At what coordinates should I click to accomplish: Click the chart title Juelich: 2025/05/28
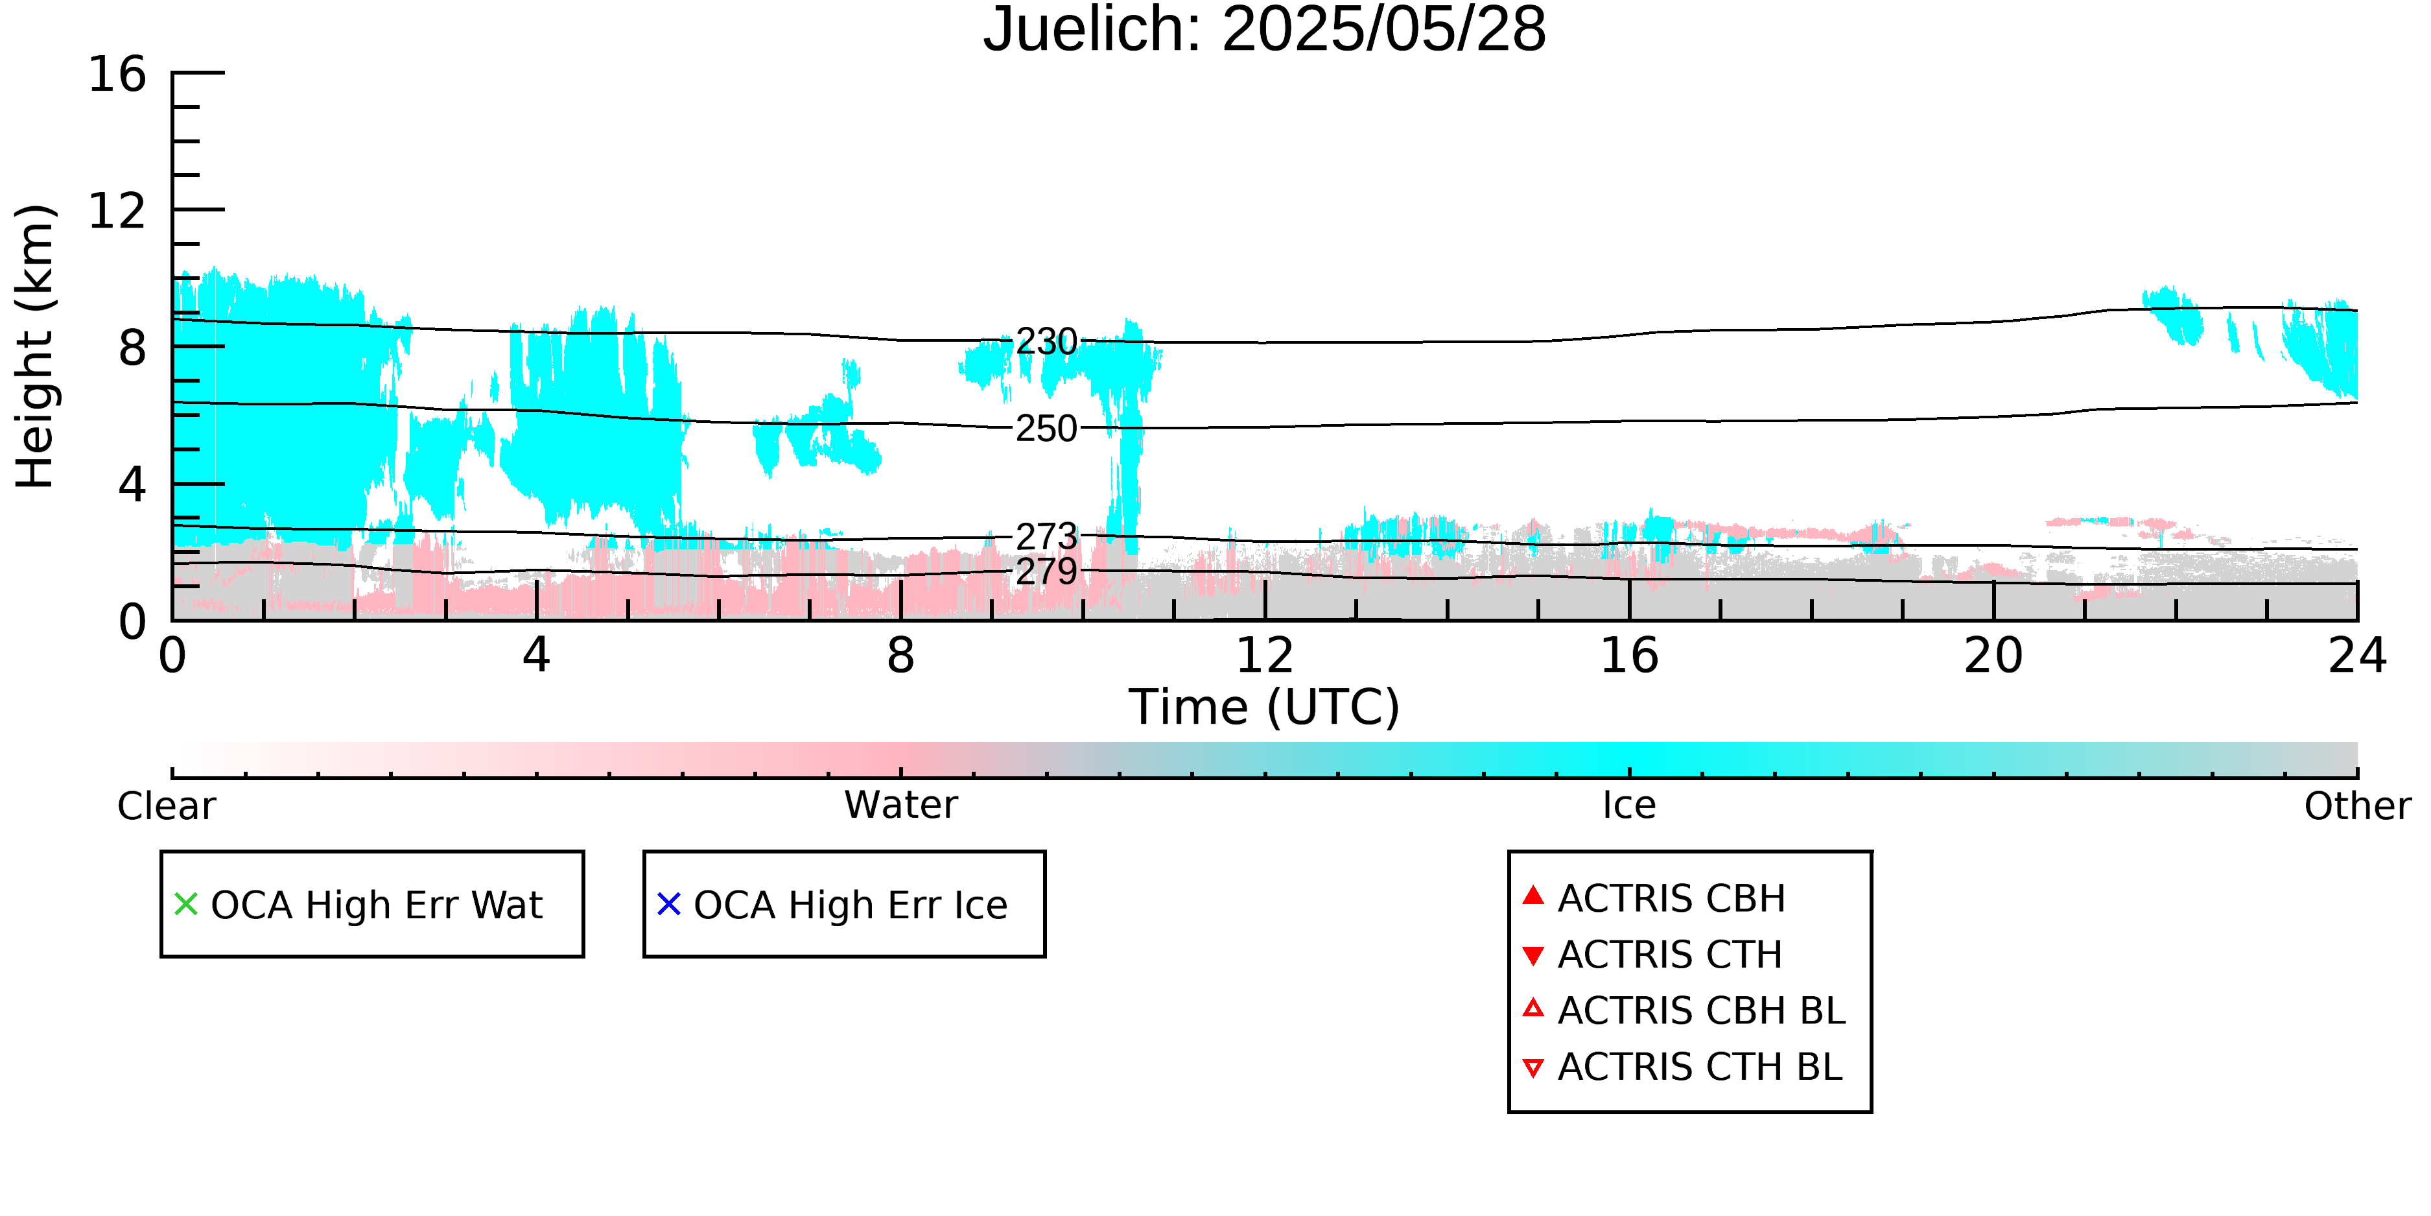pyautogui.click(x=1265, y=30)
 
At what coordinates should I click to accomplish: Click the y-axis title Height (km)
pyautogui.click(x=35, y=346)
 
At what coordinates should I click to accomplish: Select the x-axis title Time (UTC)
pyautogui.click(x=1265, y=707)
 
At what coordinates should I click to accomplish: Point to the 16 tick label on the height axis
pyautogui.click(x=117, y=74)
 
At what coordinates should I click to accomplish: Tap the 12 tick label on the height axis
pyautogui.click(x=117, y=211)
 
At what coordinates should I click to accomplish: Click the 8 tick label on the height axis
pyautogui.click(x=132, y=348)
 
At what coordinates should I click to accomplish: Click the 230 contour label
pyautogui.click(x=1046, y=342)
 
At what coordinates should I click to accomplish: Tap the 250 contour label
pyautogui.click(x=1046, y=429)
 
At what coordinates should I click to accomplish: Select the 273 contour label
pyautogui.click(x=1046, y=536)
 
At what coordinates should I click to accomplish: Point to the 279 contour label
pyautogui.click(x=1046, y=571)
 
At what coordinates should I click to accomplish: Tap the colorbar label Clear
pyautogui.click(x=166, y=806)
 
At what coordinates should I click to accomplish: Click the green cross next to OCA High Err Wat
pyautogui.click(x=186, y=905)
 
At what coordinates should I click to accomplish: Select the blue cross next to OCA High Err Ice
pyautogui.click(x=669, y=905)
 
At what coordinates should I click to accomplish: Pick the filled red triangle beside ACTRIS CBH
pyautogui.click(x=1534, y=895)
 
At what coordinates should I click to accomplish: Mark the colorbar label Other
pyautogui.click(x=2357, y=806)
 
